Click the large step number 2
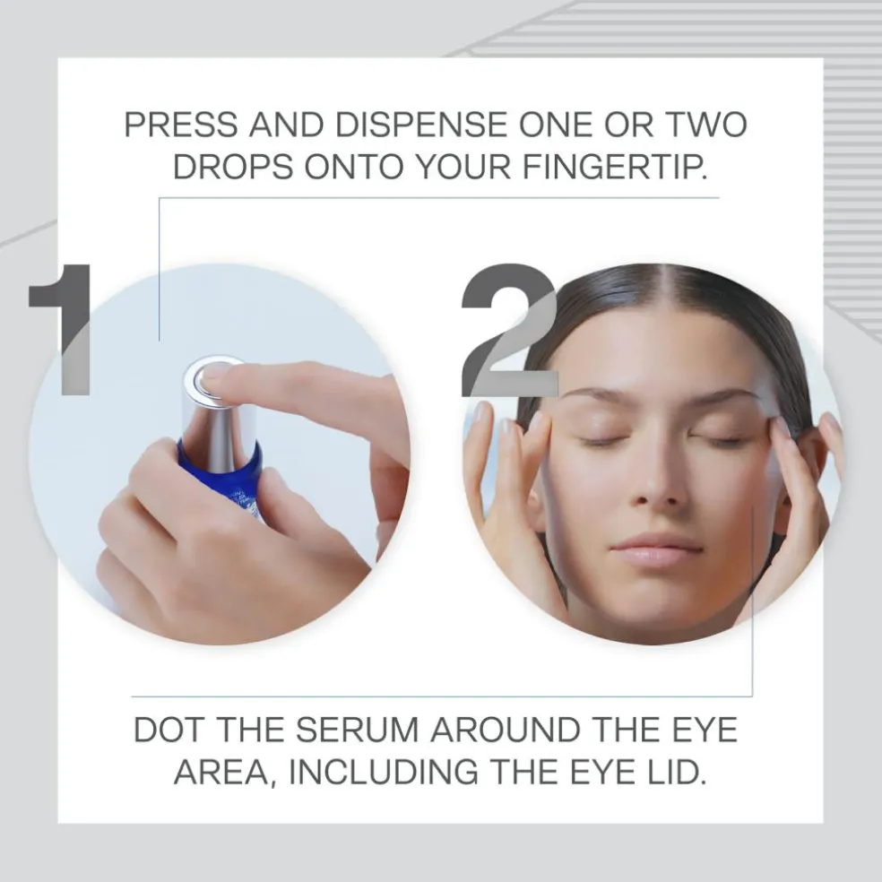coord(509,331)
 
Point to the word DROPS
coord(233,167)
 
